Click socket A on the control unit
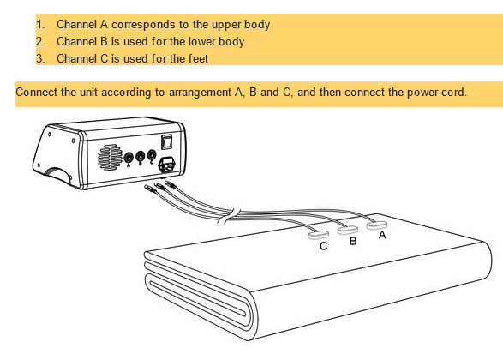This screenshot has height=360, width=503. click(129, 158)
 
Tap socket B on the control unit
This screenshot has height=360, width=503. click(141, 157)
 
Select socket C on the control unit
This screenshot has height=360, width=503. click(152, 155)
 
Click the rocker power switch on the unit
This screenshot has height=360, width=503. click(166, 142)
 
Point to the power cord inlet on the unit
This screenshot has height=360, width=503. click(167, 165)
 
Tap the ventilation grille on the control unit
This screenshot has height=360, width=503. click(110, 157)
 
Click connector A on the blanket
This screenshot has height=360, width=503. click(377, 225)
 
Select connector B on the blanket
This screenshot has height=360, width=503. click(348, 230)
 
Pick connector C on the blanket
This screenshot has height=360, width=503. click(318, 235)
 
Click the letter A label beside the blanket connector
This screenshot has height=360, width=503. click(382, 235)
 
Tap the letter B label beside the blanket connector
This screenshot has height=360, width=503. click(353, 241)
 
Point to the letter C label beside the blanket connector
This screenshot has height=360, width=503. click(323, 246)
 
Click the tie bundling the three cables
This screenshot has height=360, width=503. click(230, 215)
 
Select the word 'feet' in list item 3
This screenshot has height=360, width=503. click(198, 59)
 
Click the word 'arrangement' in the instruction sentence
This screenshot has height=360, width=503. click(200, 93)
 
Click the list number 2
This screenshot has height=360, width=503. click(39, 42)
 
